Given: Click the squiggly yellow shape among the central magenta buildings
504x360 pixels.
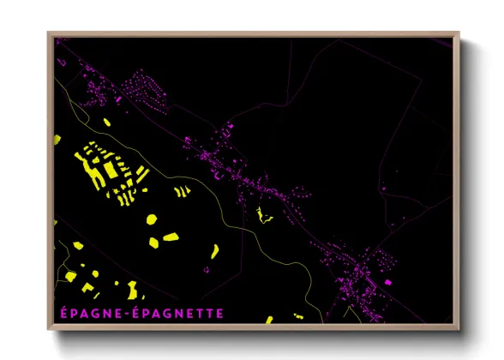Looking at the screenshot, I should tap(264, 215).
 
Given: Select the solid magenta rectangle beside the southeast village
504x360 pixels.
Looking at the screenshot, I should tap(387, 281).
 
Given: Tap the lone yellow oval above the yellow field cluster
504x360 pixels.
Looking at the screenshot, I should tap(107, 123).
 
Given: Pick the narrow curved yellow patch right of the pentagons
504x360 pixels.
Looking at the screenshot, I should tap(214, 250).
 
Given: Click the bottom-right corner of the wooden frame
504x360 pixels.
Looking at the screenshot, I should tap(459, 330).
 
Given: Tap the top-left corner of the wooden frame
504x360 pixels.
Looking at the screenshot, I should tap(48, 33).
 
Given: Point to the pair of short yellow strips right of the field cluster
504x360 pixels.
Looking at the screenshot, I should tap(182, 192).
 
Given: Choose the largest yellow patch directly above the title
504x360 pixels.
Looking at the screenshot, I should tap(132, 288).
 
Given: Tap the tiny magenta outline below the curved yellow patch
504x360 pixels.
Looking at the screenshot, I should tap(207, 270).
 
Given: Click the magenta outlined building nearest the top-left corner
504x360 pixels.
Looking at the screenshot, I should tap(60, 40).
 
